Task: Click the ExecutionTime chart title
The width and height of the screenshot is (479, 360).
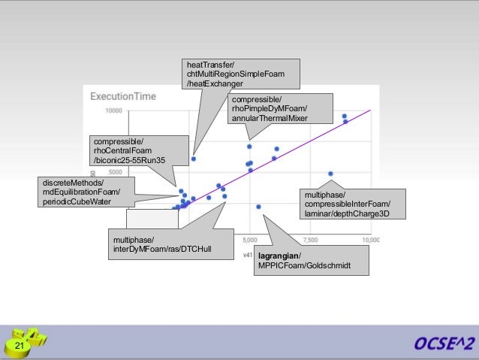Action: [125, 96]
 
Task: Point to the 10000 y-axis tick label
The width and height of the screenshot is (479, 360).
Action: [113, 111]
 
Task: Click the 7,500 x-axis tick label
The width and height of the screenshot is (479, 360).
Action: [310, 241]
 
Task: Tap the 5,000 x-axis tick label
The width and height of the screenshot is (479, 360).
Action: [250, 241]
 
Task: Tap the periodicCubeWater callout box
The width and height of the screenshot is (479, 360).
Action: [85, 192]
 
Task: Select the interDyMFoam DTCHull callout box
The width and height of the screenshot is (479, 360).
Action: [168, 244]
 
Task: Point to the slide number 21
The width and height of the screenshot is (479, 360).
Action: [19, 345]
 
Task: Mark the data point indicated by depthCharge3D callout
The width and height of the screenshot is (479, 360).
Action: [330, 174]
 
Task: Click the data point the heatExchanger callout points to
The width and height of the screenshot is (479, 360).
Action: [194, 159]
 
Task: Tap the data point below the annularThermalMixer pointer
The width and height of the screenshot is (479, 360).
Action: [249, 147]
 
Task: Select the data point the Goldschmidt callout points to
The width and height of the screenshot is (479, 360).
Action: [259, 207]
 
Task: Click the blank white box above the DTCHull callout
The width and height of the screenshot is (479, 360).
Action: [152, 218]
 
